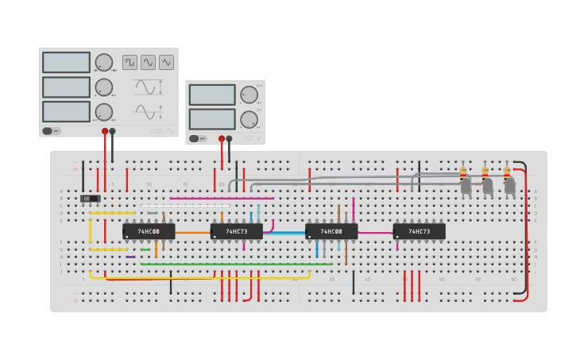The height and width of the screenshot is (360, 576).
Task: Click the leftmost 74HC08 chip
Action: point(149,231)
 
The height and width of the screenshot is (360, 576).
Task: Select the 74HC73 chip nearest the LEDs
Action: point(419,231)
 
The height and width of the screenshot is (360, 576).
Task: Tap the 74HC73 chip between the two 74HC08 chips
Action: point(236,231)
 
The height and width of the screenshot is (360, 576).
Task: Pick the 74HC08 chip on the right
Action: point(331,231)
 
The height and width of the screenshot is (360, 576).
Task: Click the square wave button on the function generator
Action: point(130,62)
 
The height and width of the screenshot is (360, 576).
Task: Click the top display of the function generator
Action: point(66,62)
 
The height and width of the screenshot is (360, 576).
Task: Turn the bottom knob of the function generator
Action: point(104,112)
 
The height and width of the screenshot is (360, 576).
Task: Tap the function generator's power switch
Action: point(48,131)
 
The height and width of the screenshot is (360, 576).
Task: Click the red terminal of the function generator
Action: point(105,131)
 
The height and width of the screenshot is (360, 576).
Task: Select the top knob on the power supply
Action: point(249,95)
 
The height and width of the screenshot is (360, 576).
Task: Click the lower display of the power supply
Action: point(212,119)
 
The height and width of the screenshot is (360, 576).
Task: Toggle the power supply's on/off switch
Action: point(194,138)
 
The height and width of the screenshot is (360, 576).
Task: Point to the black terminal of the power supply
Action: point(229,138)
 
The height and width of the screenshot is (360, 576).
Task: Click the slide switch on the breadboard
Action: point(91,198)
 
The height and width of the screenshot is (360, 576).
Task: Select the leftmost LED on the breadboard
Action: point(466,184)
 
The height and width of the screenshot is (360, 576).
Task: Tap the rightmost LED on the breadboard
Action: point(509,184)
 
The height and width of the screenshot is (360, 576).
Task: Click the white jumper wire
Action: point(185,206)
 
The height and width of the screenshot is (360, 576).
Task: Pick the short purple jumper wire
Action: point(130,257)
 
